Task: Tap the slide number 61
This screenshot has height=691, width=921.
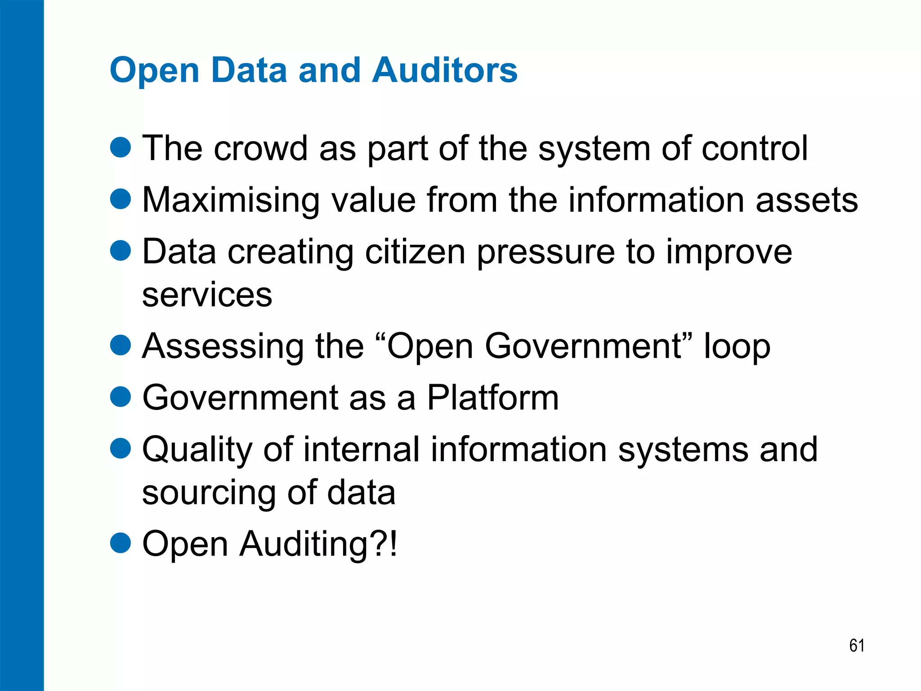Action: (x=857, y=646)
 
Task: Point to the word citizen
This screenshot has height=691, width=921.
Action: (x=415, y=252)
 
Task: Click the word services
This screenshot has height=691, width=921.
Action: (x=207, y=295)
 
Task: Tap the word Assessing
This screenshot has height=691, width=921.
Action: (x=223, y=346)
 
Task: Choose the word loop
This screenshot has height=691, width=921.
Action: (x=737, y=347)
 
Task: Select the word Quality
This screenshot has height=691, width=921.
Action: (x=197, y=450)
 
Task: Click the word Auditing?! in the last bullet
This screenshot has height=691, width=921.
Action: (x=318, y=544)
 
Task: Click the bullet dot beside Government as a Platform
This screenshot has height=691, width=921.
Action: (x=121, y=396)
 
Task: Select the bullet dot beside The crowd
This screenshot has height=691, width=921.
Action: (x=121, y=147)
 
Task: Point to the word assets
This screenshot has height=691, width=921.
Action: (x=807, y=201)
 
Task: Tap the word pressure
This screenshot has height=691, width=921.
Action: (x=545, y=253)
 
